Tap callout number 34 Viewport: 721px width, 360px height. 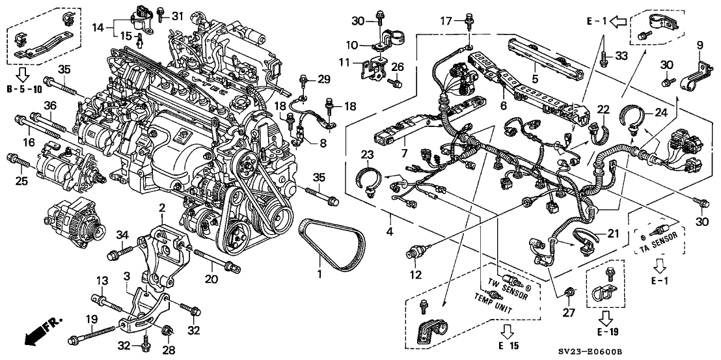[x=121, y=234]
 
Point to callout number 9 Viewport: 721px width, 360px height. [x=700, y=45]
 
